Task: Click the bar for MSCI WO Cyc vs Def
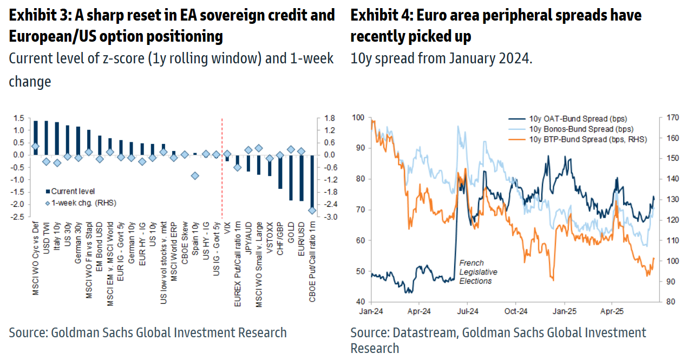pyautogui.click(x=36, y=138)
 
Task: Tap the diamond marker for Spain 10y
pyautogui.click(x=195, y=175)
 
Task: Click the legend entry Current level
pyautogui.click(x=73, y=191)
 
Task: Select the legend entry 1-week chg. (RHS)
pyautogui.click(x=82, y=203)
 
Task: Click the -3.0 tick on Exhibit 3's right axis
pyautogui.click(x=329, y=217)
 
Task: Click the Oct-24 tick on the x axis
pyautogui.click(x=516, y=312)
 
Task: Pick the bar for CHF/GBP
pyautogui.click(x=280, y=172)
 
